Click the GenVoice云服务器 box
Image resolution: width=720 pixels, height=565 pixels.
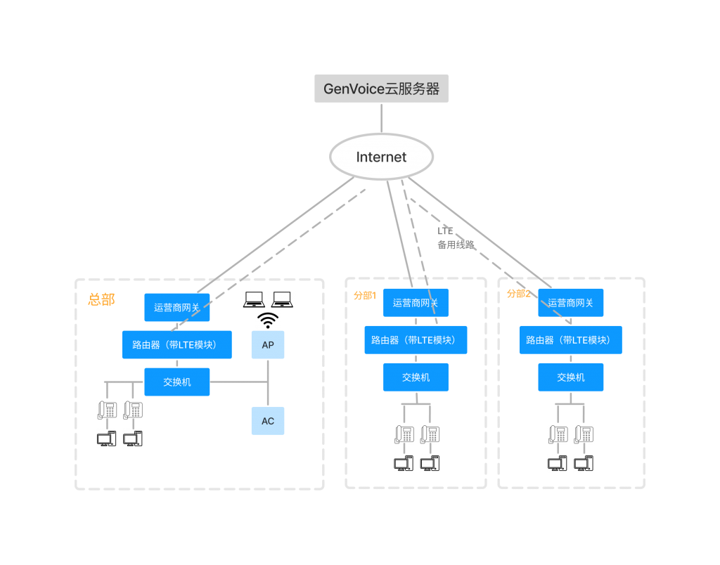381,89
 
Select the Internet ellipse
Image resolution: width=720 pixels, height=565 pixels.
381,157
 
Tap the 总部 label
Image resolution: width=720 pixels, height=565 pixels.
101,300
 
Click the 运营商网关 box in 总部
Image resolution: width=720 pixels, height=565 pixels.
177,307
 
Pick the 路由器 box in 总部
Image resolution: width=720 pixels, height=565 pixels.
176,344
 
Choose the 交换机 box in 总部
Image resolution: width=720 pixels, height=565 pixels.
177,382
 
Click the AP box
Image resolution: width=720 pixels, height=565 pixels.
268,345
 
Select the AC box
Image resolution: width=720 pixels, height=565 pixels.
268,421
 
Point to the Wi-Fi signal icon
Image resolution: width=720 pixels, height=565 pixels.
268,320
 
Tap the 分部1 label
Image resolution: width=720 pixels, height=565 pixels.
365,296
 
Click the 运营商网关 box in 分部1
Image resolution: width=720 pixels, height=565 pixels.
416,303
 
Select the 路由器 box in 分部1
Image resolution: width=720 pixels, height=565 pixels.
416,339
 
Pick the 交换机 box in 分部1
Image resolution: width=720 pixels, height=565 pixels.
416,377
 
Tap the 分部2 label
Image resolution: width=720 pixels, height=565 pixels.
519,294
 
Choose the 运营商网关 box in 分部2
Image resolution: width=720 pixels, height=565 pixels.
571,303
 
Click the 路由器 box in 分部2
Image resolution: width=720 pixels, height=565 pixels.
571,339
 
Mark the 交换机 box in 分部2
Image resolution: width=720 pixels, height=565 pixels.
571,377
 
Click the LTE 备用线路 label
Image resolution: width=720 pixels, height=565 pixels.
455,238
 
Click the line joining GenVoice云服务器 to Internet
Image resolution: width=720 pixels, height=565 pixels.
381,117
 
